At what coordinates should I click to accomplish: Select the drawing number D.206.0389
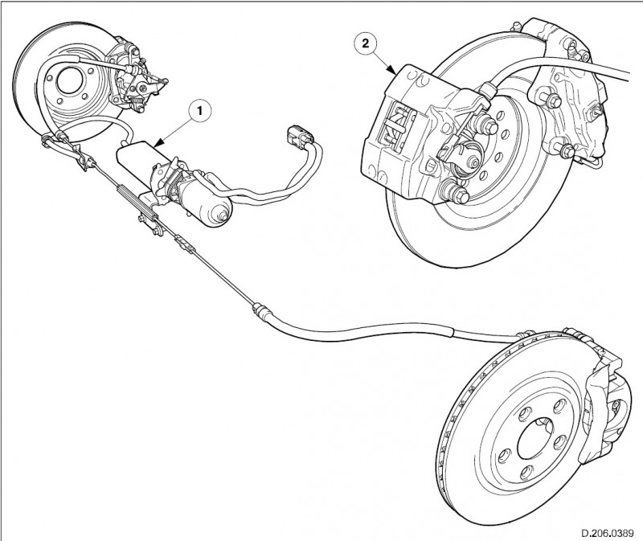[606, 531]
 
